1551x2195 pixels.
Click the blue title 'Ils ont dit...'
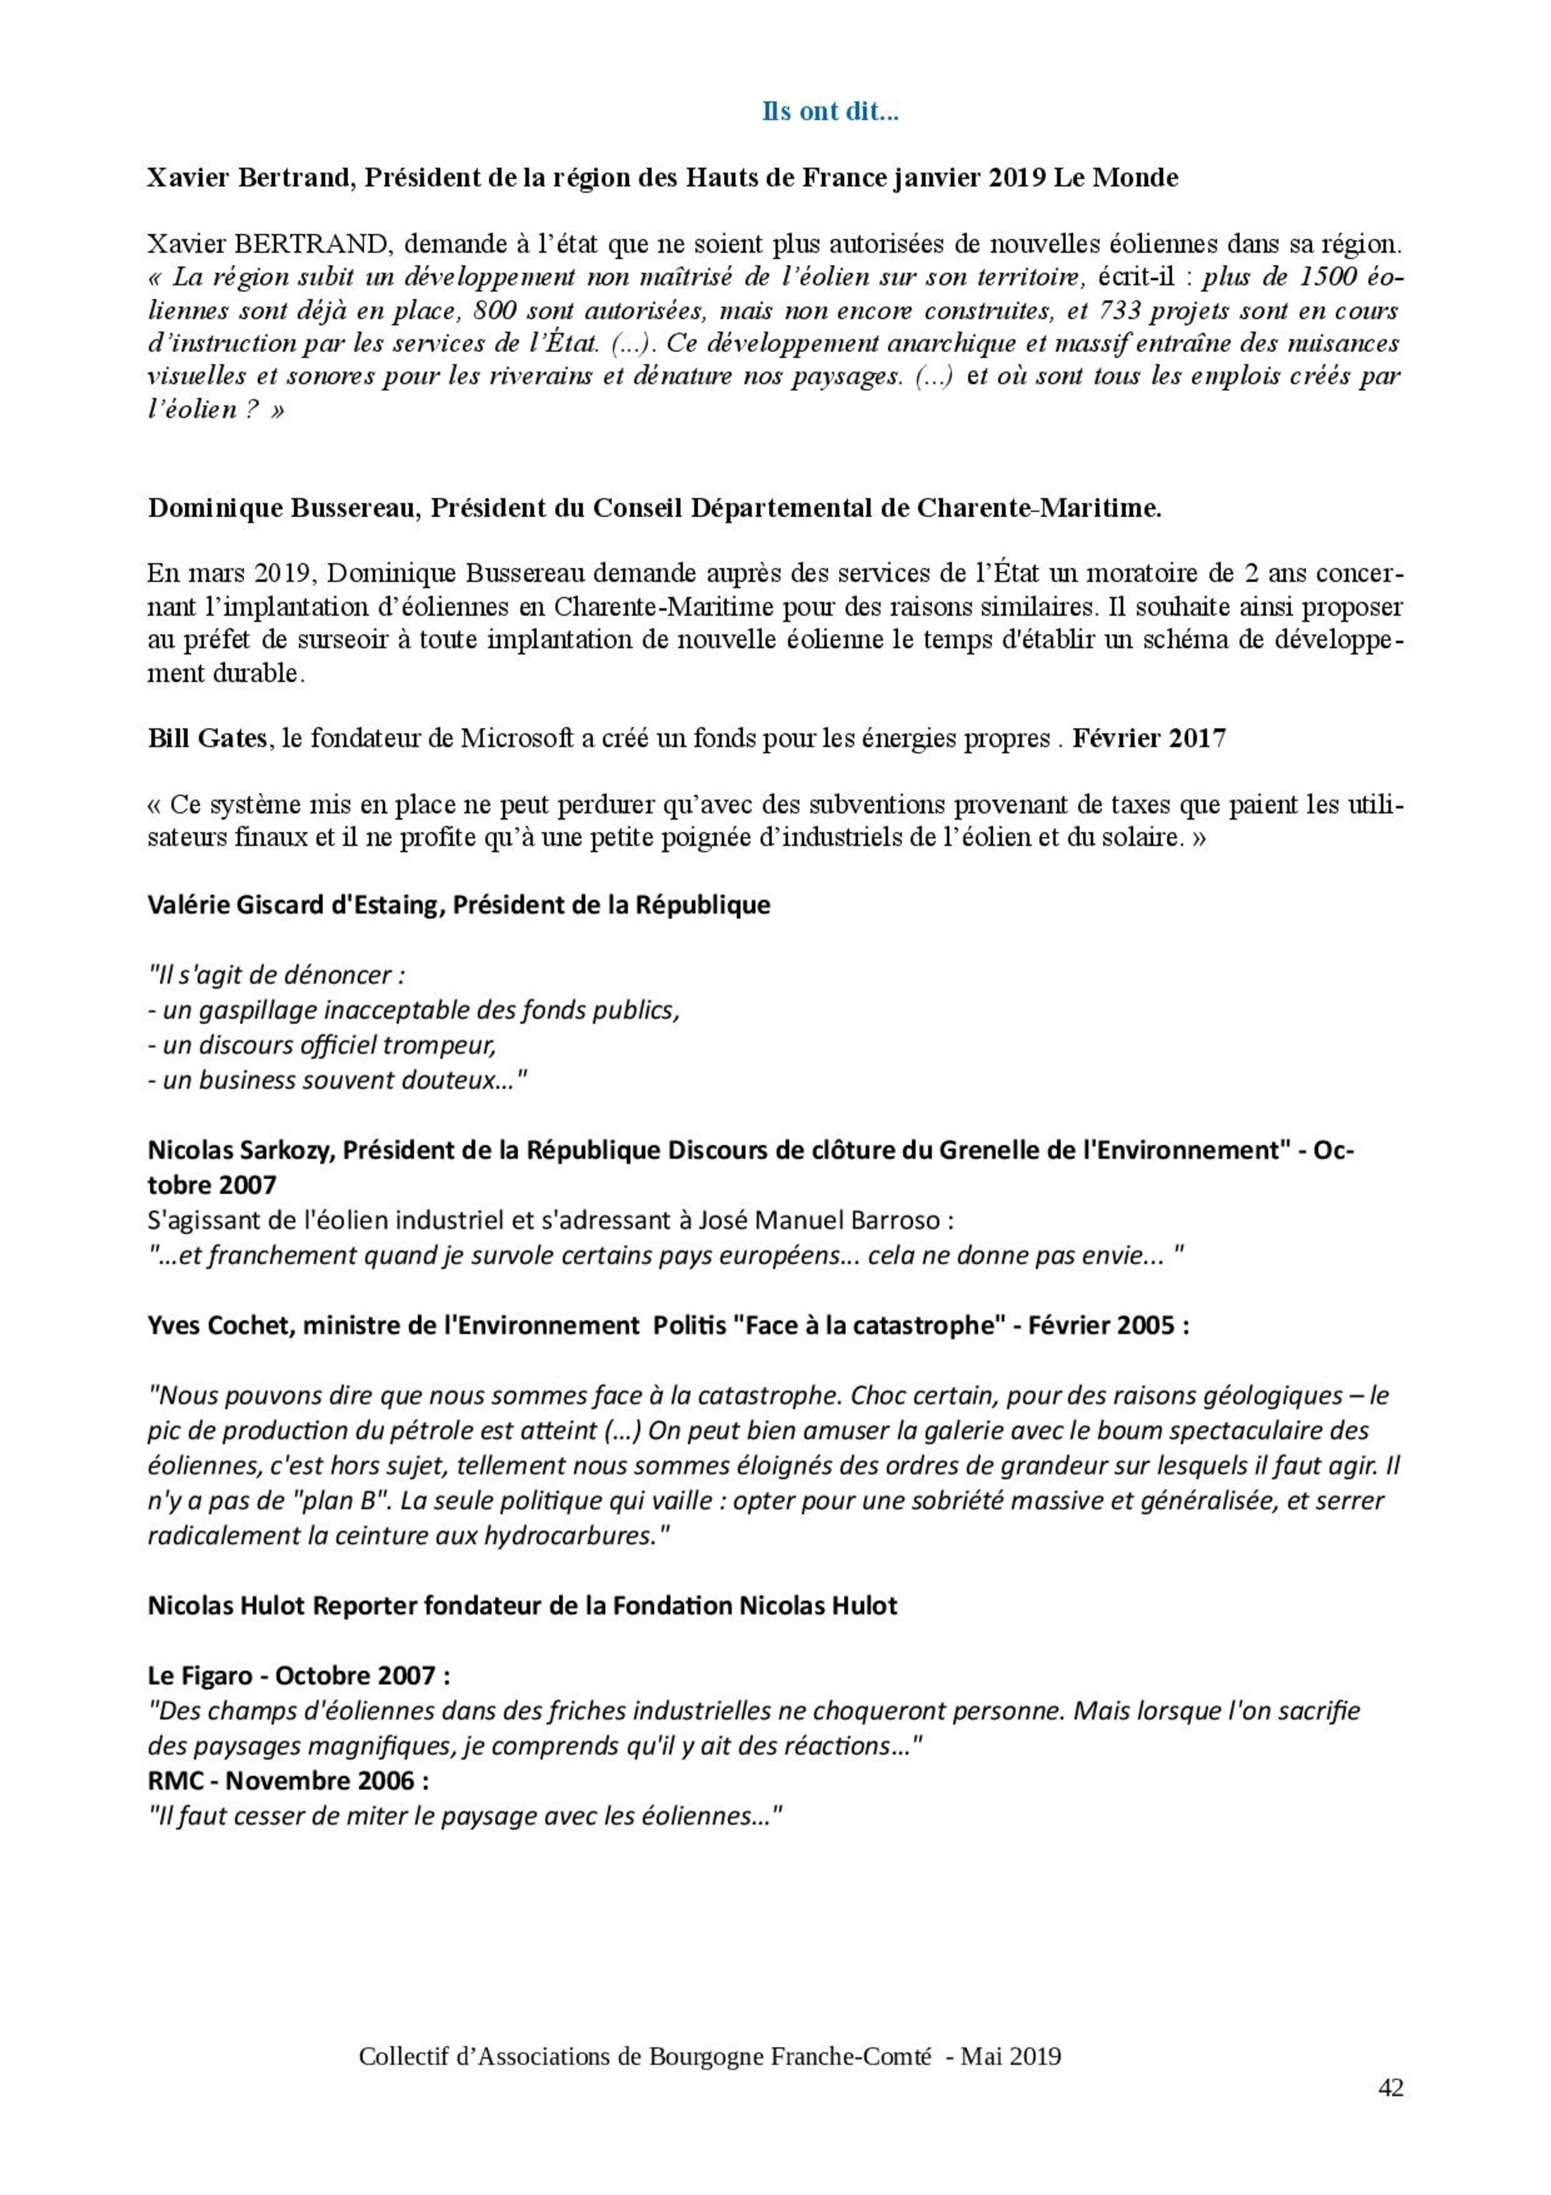point(830,113)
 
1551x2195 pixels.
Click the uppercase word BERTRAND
point(312,245)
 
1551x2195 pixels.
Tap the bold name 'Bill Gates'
point(207,739)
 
